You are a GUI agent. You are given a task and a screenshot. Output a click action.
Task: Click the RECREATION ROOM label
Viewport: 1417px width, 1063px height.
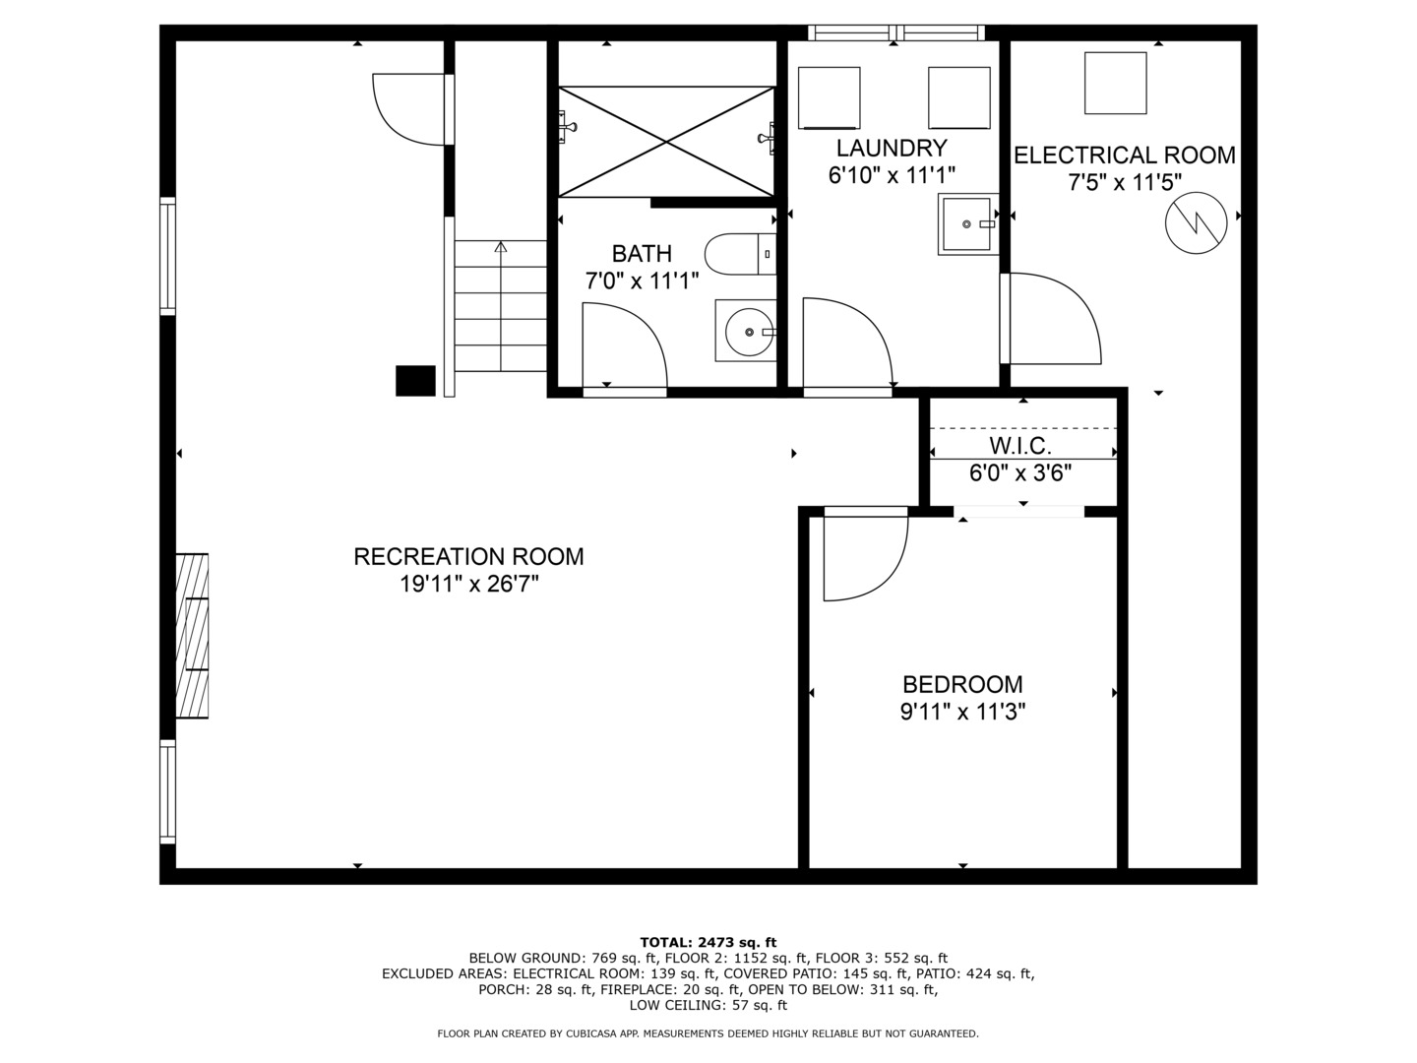[468, 557]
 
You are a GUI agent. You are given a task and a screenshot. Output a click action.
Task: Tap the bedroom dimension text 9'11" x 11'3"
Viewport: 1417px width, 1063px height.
[962, 712]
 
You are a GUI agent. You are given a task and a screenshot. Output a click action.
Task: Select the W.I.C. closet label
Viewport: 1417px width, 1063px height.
[1020, 446]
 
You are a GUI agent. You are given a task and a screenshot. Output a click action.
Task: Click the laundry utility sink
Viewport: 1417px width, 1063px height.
[967, 224]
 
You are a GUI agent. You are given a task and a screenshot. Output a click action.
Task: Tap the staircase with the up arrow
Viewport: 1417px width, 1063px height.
[500, 305]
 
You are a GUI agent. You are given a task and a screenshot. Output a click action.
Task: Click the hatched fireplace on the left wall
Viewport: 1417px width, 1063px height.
[192, 635]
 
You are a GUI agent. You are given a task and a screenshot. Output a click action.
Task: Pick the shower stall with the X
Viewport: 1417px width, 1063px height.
[666, 142]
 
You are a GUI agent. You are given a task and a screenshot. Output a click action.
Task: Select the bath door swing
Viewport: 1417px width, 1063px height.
[622, 346]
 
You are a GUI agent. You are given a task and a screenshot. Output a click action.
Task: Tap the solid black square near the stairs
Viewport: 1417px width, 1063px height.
[415, 380]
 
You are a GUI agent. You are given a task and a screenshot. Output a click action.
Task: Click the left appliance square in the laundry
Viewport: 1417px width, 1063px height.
[829, 97]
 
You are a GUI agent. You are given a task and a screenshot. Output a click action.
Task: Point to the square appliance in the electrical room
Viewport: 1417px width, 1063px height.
[1115, 84]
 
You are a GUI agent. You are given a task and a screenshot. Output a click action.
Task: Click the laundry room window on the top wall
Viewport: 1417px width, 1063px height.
[895, 32]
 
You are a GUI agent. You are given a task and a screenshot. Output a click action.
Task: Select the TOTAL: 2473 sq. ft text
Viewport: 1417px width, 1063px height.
[708, 942]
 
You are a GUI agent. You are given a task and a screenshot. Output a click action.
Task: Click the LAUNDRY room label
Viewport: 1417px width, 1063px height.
[892, 149]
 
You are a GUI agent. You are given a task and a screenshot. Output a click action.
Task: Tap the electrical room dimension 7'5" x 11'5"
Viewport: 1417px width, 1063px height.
[1125, 181]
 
